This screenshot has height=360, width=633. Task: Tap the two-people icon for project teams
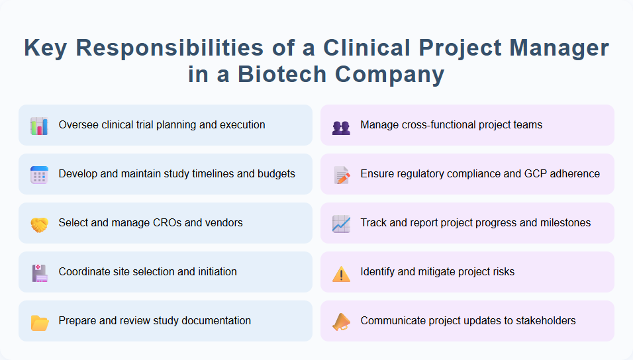coord(341,126)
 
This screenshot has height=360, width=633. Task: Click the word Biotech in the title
coord(285,74)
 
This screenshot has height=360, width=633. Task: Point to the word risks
coord(501,272)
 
